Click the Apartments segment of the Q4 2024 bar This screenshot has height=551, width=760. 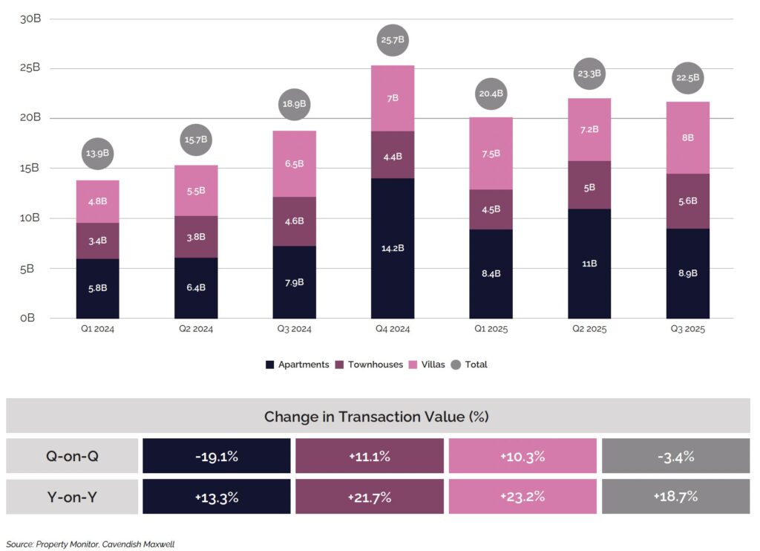click(x=393, y=248)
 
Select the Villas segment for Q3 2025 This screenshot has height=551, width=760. click(x=687, y=138)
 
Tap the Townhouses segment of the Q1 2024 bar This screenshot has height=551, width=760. click(x=97, y=241)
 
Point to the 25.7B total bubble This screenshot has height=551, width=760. click(x=393, y=42)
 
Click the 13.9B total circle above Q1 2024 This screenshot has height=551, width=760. click(x=97, y=153)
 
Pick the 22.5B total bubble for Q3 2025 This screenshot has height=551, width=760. click(x=687, y=77)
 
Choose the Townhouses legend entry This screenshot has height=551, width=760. click(x=368, y=365)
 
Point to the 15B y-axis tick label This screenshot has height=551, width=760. click(x=29, y=169)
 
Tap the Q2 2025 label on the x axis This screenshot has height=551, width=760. click(x=589, y=329)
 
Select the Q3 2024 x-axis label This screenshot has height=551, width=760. click(x=294, y=329)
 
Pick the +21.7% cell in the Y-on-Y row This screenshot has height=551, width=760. click(x=370, y=497)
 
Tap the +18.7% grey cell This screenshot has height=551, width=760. click(x=675, y=497)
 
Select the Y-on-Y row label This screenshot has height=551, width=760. click(x=72, y=497)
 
